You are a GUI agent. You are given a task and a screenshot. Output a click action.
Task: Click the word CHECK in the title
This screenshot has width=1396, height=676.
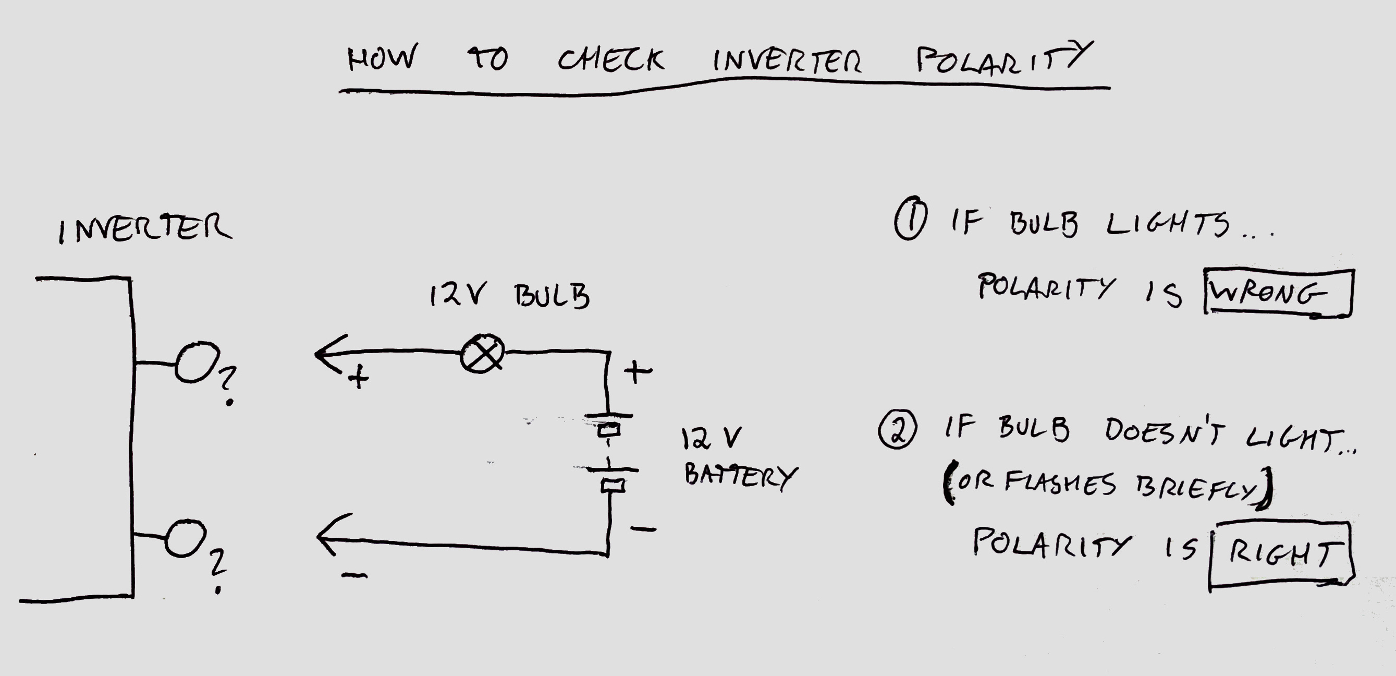click(x=611, y=59)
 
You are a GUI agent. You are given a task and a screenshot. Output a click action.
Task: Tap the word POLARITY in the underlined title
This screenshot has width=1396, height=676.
click(x=1002, y=58)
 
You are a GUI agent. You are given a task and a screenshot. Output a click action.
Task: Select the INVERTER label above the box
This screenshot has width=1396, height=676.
click(x=145, y=228)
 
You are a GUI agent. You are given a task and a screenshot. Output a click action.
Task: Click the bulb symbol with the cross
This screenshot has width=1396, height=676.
click(x=482, y=354)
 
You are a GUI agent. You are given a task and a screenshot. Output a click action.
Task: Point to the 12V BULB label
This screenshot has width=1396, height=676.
click(x=509, y=296)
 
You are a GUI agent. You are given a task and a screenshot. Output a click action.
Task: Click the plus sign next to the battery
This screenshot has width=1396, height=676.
click(x=638, y=372)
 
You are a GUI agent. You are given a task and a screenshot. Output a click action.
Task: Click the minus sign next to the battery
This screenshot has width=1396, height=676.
click(x=643, y=528)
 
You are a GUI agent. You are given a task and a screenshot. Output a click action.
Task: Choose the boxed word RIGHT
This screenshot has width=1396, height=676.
click(x=1281, y=553)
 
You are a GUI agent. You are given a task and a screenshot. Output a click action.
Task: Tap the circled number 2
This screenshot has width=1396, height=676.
click(x=898, y=430)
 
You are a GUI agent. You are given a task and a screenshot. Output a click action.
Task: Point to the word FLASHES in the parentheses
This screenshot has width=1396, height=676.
click(x=1060, y=482)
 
